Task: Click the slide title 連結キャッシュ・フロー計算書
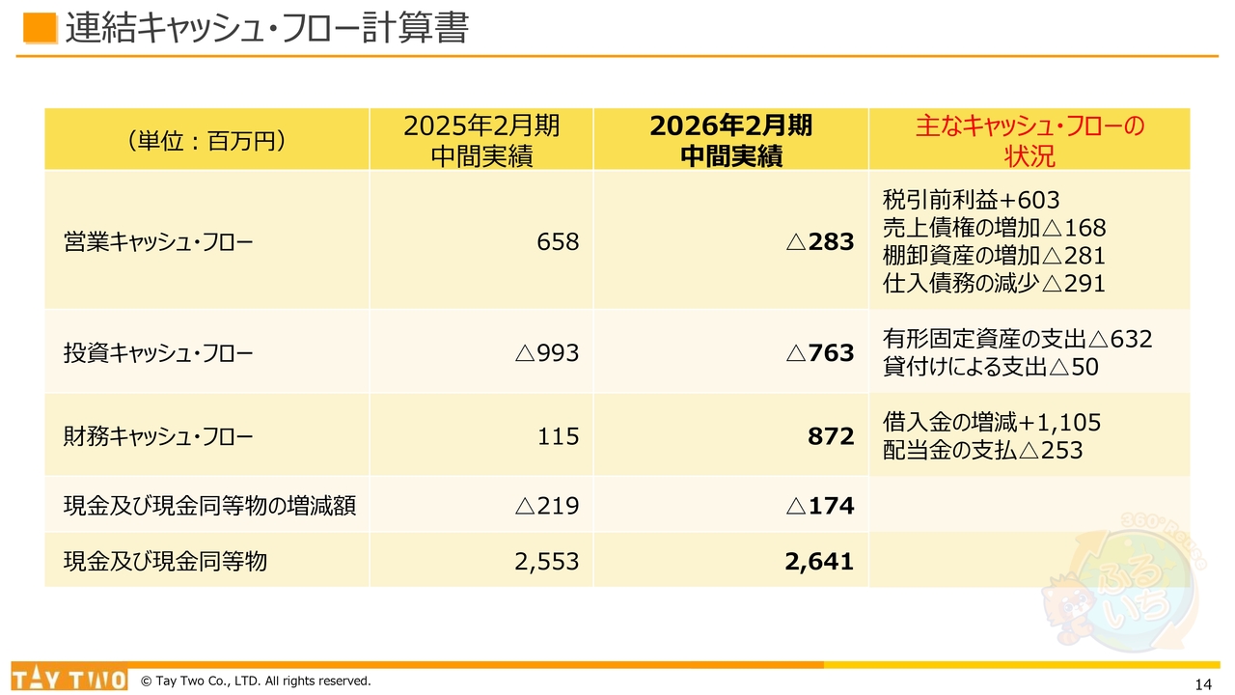(266, 29)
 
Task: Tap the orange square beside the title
(39, 28)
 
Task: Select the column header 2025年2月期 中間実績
(481, 140)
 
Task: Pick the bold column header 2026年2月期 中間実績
(730, 140)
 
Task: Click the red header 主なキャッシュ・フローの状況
(1029, 140)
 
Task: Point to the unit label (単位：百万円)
(206, 141)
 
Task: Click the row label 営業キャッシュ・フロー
(158, 241)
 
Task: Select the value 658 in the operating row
(558, 241)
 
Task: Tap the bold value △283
(820, 241)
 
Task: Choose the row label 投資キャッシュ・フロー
(158, 353)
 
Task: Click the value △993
(547, 353)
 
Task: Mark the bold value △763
(820, 353)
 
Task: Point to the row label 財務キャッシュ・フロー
(158, 436)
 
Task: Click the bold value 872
(831, 436)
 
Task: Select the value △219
(547, 505)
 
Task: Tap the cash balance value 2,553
(547, 561)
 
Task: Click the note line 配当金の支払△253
(982, 450)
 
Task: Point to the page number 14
(1202, 684)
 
